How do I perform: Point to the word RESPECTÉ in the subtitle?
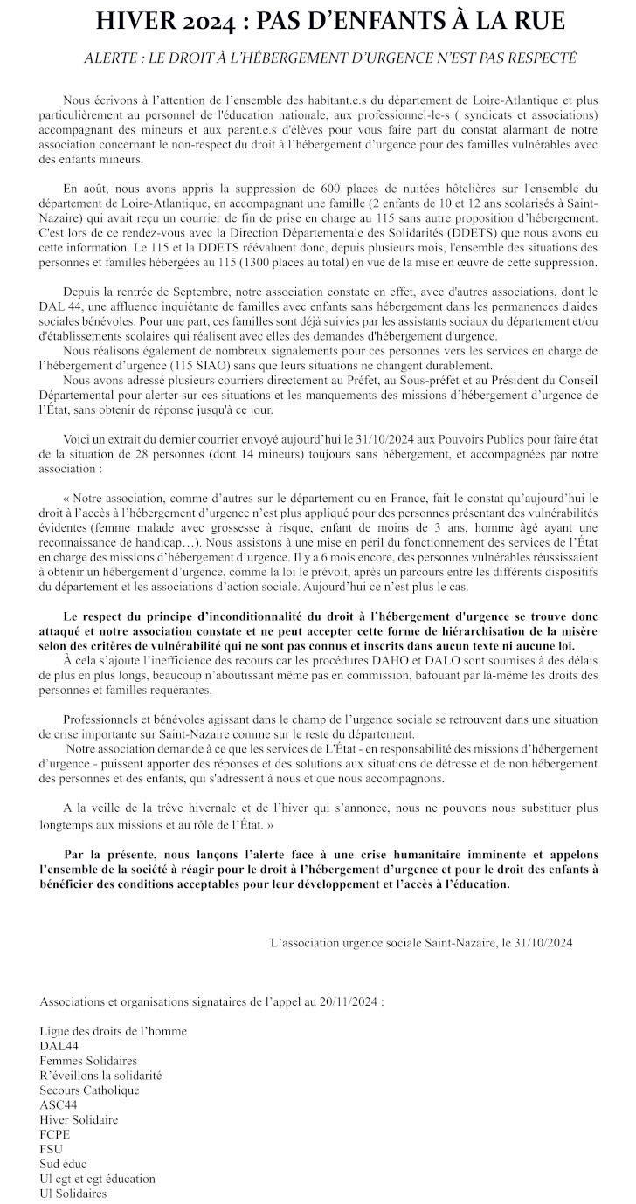coord(543,58)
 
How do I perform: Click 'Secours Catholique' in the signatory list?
coord(89,1090)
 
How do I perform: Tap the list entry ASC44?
coord(59,1104)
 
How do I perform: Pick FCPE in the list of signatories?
coord(55,1134)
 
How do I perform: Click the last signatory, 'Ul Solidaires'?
coord(73,1193)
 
